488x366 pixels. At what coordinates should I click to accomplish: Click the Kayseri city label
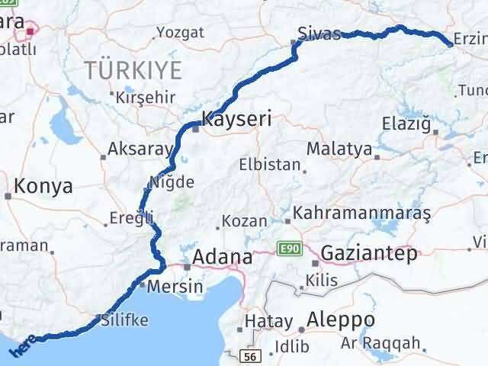[236, 119]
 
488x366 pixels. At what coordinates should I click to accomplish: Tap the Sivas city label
[318, 33]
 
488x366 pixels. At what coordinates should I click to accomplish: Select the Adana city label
[222, 257]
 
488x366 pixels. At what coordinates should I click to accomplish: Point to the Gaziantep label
[369, 253]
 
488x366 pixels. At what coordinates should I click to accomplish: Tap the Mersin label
[177, 287]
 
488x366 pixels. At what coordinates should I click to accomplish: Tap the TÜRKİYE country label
[133, 71]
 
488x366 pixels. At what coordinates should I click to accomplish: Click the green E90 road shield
[287, 249]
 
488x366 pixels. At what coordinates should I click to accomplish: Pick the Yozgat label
[180, 32]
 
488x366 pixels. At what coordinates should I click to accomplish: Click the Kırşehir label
[146, 98]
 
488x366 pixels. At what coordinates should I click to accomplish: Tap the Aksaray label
[135, 149]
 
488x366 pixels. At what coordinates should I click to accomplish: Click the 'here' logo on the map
[21, 346]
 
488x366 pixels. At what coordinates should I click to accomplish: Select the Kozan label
[244, 222]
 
